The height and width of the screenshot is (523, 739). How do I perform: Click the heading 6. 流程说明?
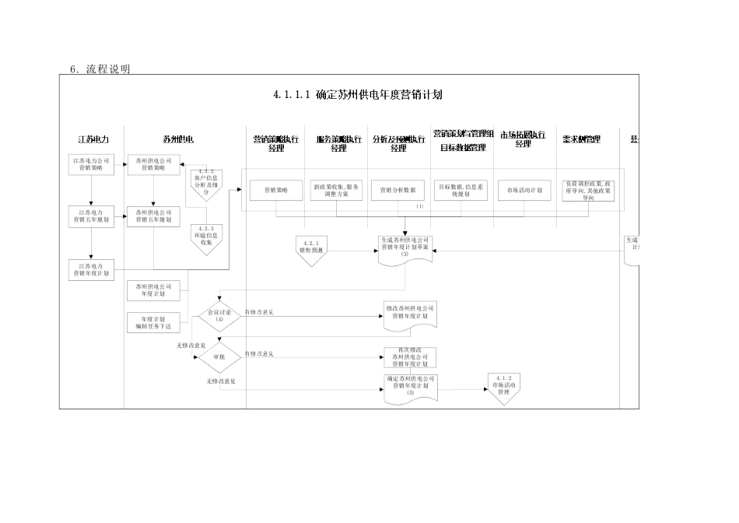(x=100, y=69)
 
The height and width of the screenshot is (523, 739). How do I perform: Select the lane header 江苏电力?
(x=93, y=139)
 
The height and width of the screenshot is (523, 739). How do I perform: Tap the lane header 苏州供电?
(x=178, y=139)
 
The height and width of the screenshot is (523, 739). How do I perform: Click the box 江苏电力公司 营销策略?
(x=92, y=164)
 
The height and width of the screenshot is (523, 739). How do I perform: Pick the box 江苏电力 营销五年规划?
(x=92, y=216)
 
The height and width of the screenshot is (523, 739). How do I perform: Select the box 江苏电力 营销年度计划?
(x=92, y=269)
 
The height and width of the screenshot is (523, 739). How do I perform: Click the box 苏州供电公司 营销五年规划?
(x=153, y=216)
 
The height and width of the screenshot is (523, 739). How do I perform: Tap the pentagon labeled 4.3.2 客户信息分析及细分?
(x=206, y=184)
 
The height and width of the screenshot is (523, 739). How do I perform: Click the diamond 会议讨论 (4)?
(x=219, y=316)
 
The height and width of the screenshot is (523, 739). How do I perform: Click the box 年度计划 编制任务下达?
(x=153, y=322)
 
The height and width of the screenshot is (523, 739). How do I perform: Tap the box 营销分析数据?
(x=398, y=190)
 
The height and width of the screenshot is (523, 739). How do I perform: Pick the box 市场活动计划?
(x=524, y=190)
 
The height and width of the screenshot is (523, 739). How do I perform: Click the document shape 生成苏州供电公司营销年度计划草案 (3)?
(x=404, y=248)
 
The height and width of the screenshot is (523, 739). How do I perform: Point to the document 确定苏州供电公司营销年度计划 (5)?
(x=409, y=387)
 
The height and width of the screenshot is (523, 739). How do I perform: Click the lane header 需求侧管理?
(x=581, y=139)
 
